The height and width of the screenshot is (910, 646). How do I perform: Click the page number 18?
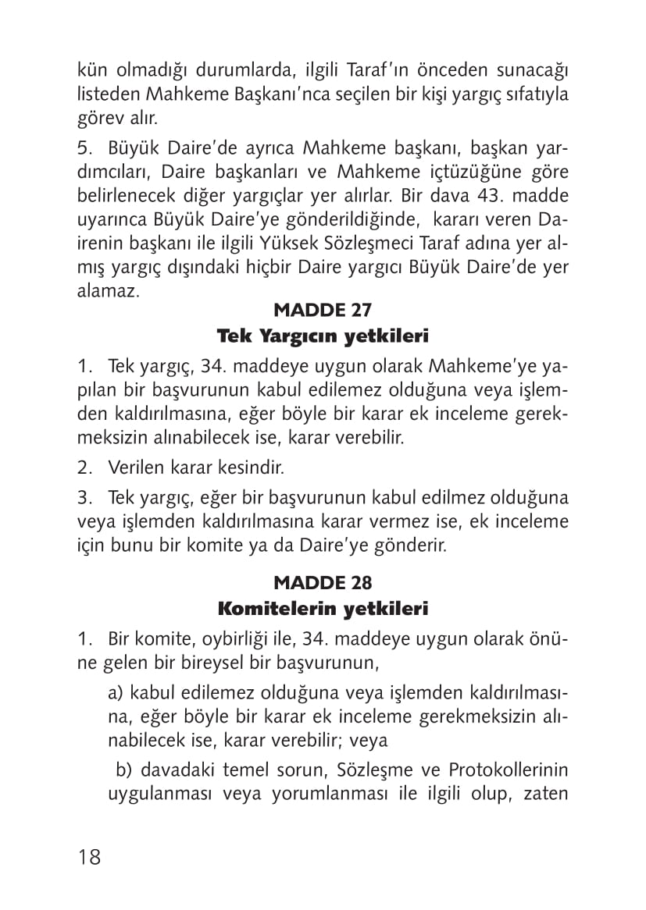tap(90, 857)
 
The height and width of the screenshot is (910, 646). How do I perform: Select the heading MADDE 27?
tap(322, 310)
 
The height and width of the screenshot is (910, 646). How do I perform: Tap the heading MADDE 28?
tap(322, 582)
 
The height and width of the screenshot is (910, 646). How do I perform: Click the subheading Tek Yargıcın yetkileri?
tap(323, 336)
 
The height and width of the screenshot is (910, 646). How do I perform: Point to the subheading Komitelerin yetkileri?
tap(323, 608)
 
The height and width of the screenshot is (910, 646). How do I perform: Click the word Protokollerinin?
tap(508, 770)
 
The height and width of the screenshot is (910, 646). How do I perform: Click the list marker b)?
tap(123, 770)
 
